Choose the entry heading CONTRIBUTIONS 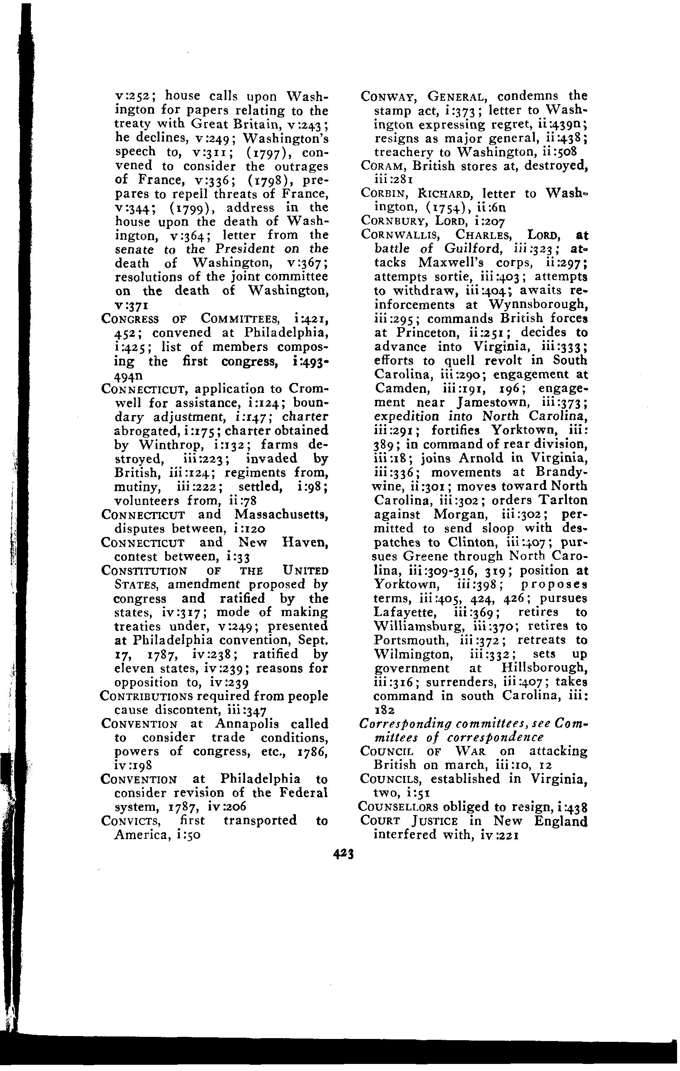coord(146,696)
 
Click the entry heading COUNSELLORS coord(397,806)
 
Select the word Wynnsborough coord(538,305)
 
